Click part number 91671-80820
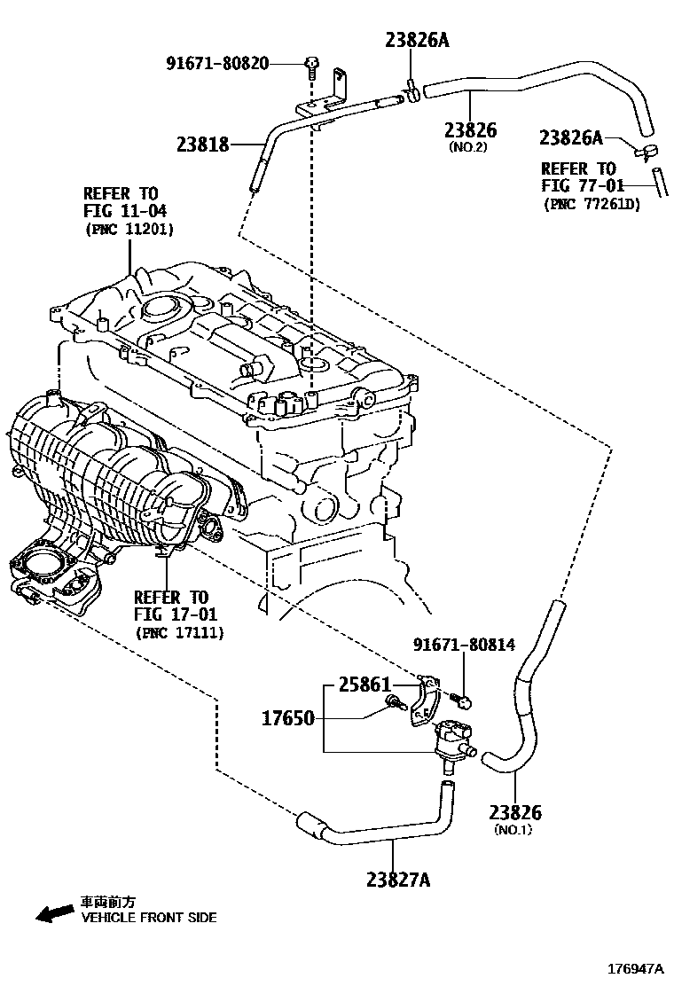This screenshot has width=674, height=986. pyautogui.click(x=218, y=63)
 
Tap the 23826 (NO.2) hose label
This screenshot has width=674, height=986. pyautogui.click(x=470, y=131)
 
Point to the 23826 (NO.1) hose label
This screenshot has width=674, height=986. pyautogui.click(x=515, y=813)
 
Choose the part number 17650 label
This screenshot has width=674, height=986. pyautogui.click(x=287, y=717)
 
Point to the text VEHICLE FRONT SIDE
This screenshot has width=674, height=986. pyautogui.click(x=148, y=918)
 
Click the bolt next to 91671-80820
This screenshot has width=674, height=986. pyautogui.click(x=311, y=64)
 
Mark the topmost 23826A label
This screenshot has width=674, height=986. pyautogui.click(x=417, y=39)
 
